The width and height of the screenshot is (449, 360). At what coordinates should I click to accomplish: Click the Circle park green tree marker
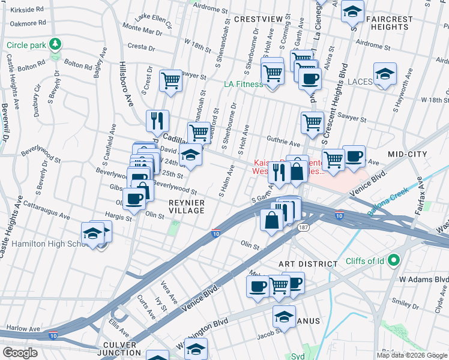tap(55, 44)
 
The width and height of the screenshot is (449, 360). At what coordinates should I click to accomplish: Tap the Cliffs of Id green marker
tap(394, 260)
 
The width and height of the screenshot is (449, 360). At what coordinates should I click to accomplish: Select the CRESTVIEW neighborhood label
tap(258, 19)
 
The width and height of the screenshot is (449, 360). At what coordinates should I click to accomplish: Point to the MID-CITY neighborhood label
tap(407, 154)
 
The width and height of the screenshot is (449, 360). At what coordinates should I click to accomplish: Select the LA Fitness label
tap(243, 84)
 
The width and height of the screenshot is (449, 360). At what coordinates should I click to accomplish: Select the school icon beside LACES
tap(384, 74)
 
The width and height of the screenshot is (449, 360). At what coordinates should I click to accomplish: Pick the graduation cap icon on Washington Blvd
tap(284, 316)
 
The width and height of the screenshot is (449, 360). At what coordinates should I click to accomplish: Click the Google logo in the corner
tap(20, 353)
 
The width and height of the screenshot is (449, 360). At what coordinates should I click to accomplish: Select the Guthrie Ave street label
tap(283, 143)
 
